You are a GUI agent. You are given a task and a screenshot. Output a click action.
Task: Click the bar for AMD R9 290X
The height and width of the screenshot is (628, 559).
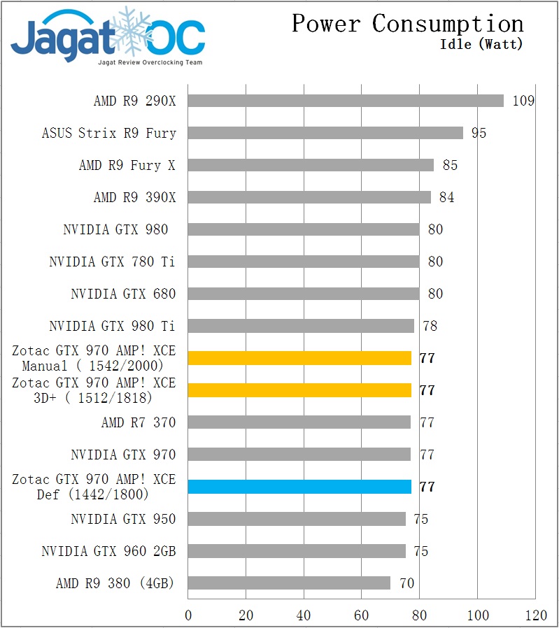coord(346,101)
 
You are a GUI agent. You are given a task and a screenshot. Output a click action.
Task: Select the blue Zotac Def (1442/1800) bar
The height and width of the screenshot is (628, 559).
coord(299,487)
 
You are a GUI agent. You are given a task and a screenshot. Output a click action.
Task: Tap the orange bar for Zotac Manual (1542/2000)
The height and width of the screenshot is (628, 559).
coord(299,358)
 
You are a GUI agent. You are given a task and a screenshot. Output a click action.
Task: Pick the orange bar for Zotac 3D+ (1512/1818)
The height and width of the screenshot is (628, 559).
coord(299,390)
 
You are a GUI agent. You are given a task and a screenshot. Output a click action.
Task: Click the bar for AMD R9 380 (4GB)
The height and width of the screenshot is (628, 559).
coord(289,583)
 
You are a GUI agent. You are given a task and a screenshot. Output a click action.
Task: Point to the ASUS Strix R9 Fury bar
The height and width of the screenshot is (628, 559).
coord(325,133)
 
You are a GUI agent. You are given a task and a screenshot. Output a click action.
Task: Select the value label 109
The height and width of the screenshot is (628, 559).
coord(523,101)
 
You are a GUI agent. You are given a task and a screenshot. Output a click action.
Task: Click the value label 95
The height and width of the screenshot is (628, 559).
coord(479,133)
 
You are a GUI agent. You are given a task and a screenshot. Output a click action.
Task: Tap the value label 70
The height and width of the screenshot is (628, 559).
coord(406,583)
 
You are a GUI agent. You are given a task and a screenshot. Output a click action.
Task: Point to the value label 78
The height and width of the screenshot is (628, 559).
coord(430,326)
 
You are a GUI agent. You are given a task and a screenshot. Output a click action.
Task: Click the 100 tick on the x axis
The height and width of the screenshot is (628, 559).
coord(477,615)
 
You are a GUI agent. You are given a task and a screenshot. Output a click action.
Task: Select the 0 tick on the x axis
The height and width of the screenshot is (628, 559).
coord(188,615)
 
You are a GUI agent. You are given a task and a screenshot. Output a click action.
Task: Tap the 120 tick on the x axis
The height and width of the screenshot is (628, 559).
coord(535,615)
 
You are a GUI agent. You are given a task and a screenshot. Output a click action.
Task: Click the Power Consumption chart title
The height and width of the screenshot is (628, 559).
coord(407,24)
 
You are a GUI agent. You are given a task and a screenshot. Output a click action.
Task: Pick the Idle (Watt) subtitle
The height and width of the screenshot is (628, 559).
coord(481,45)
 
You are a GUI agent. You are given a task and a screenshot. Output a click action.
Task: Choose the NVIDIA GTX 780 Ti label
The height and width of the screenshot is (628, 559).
coord(112,262)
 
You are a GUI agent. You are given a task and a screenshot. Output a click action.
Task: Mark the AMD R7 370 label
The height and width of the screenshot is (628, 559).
coord(139,422)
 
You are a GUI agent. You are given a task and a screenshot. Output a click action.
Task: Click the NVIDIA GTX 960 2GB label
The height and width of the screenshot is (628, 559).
coord(108,551)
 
